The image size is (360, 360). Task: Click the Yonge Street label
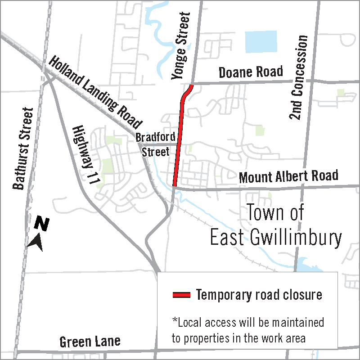180,47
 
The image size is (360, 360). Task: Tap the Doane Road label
251,72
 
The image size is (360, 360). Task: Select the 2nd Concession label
299,77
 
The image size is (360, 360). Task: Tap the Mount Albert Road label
288,176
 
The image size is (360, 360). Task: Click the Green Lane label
90,342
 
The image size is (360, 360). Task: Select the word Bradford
155,137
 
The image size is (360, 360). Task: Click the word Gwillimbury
292,238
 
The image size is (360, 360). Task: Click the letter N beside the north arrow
42,223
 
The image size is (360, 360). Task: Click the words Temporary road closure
259,295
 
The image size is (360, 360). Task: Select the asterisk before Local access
175,321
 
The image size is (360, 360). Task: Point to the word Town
268,212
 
